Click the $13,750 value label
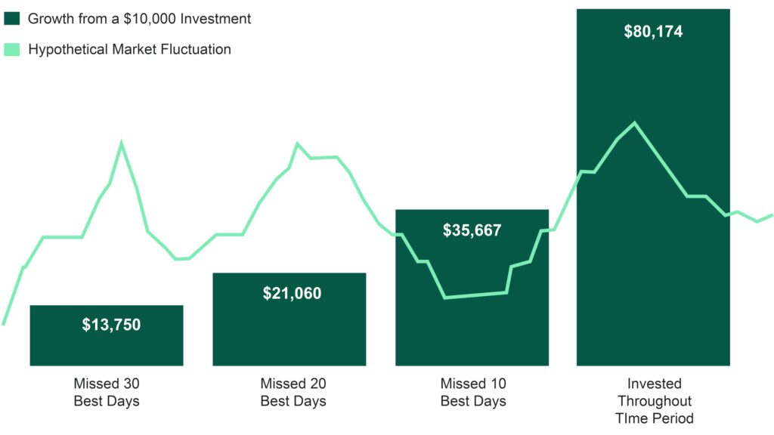click(111, 325)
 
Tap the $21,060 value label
click(292, 293)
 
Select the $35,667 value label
click(472, 230)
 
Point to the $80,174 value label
click(653, 32)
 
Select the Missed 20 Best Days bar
click(289, 332)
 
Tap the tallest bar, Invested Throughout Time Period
click(653, 287)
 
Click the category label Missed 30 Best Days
click(107, 392)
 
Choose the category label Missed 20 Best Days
click(293, 392)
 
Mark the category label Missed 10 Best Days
click(473, 392)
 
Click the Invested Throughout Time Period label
click(654, 400)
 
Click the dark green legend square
click(12, 19)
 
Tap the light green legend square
click(12, 50)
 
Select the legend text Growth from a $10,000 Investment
click(139, 19)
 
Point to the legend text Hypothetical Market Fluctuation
click(129, 50)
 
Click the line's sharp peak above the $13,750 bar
click(121, 142)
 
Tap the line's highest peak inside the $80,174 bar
click(634, 122)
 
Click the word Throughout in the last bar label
click(654, 400)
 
